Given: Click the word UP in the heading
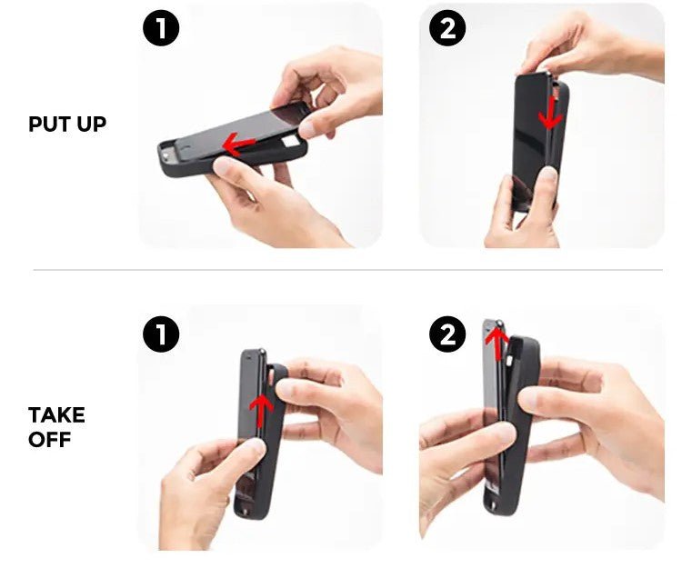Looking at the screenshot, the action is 92,124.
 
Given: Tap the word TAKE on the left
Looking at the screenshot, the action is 56,415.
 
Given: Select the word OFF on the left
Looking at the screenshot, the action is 50,440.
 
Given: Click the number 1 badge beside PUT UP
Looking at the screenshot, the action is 161,28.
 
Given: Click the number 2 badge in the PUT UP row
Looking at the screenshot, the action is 447,28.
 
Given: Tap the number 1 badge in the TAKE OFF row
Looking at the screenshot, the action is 161,334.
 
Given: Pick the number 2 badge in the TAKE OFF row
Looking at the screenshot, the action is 447,334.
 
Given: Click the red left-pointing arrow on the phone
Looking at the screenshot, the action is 238,144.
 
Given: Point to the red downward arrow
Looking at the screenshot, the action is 551,113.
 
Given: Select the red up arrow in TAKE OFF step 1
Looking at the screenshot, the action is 261,410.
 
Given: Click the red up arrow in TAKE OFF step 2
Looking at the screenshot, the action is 496,344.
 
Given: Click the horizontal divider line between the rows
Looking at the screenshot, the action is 348,270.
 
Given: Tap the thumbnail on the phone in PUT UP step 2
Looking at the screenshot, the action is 548,174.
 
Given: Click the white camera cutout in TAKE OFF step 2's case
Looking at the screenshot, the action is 510,361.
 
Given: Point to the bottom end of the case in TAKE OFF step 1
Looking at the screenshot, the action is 246,513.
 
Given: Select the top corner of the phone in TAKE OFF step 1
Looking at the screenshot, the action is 262,351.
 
